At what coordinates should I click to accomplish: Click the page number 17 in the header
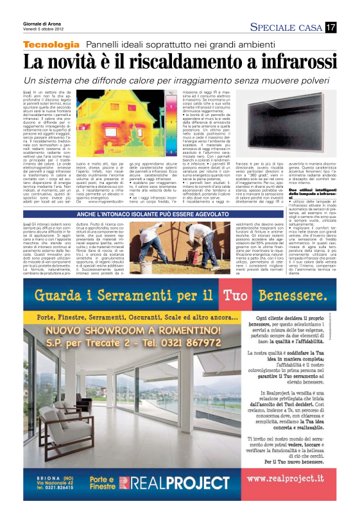pos(330,28)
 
